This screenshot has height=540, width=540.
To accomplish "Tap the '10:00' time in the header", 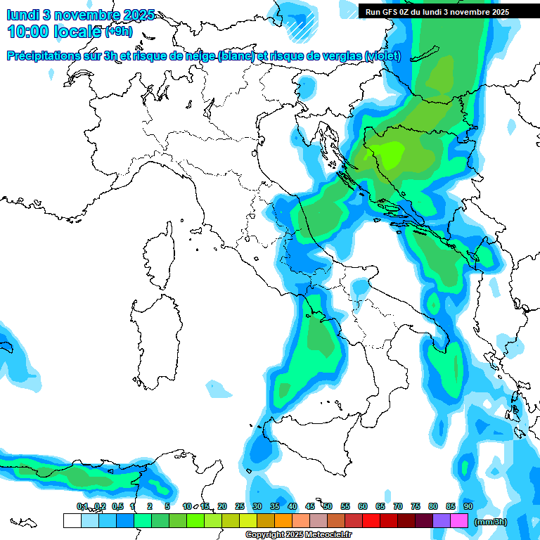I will [x=32, y=32].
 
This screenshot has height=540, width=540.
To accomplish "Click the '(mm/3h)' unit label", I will [x=491, y=522].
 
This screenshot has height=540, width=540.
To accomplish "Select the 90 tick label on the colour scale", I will [x=468, y=506].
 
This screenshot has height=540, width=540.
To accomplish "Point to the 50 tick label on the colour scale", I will [x=328, y=506].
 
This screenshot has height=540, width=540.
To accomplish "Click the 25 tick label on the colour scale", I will [x=240, y=506].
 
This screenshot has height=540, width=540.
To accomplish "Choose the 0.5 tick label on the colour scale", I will [x=117, y=506].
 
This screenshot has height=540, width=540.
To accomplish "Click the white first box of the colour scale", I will [x=72, y=521].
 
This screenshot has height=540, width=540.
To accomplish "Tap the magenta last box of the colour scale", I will [x=459, y=521].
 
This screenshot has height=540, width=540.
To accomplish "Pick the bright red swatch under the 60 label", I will [x=371, y=521].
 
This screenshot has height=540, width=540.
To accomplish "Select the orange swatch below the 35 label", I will [x=283, y=521].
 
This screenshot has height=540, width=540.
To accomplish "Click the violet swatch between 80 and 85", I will [x=442, y=521].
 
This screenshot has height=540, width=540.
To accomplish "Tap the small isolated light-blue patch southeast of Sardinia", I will [x=218, y=387].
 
